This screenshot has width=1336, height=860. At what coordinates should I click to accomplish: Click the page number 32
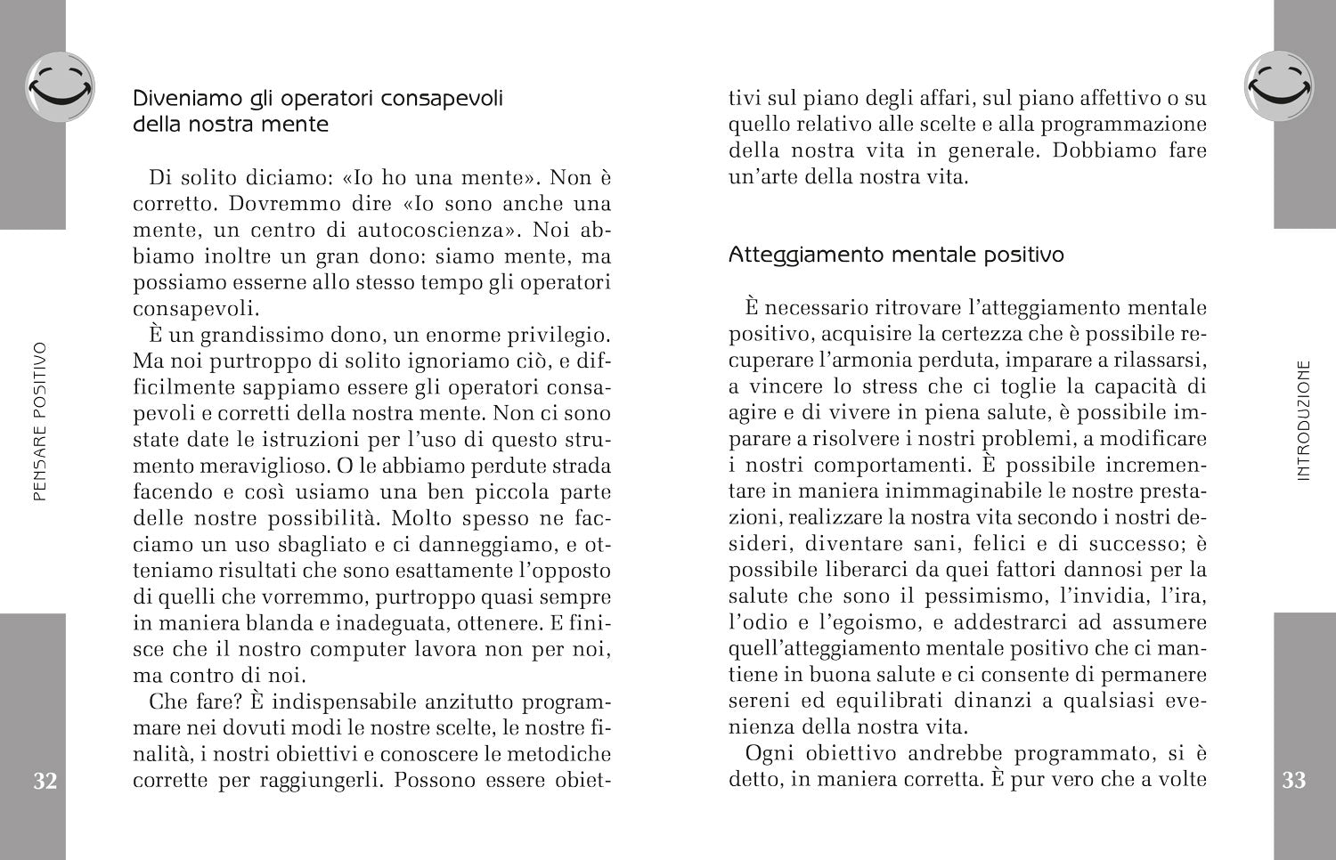[45, 781]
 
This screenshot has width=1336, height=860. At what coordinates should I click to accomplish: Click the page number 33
[1293, 781]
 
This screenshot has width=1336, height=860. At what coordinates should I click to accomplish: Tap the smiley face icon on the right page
[1279, 86]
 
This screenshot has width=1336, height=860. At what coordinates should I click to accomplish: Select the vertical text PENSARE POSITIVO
[39, 421]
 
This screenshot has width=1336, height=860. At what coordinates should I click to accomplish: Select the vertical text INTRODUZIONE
[1305, 420]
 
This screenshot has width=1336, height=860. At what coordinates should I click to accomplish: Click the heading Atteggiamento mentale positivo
[896, 256]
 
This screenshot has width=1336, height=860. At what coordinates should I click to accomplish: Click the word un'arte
[762, 176]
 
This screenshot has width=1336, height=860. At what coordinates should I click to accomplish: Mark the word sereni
[760, 701]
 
